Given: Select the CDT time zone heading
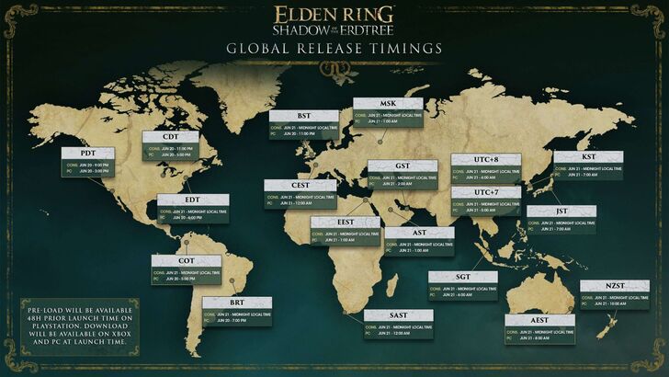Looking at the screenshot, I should (170, 138).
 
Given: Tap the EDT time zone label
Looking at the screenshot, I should (192, 200).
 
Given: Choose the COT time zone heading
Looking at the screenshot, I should (187, 261).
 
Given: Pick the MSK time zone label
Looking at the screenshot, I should (388, 104).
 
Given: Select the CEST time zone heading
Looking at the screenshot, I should (300, 185).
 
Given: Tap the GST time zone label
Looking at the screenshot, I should (403, 166).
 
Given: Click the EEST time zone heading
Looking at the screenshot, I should (346, 223).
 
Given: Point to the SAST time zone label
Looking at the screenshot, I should (399, 315).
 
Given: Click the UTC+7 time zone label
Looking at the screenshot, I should (486, 192).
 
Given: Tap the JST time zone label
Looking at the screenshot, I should (561, 211).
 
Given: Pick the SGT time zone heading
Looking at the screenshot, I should (462, 277).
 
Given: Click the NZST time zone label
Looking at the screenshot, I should (614, 287).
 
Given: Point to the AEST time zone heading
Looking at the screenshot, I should (539, 320).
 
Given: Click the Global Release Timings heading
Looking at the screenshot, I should (334, 47).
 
